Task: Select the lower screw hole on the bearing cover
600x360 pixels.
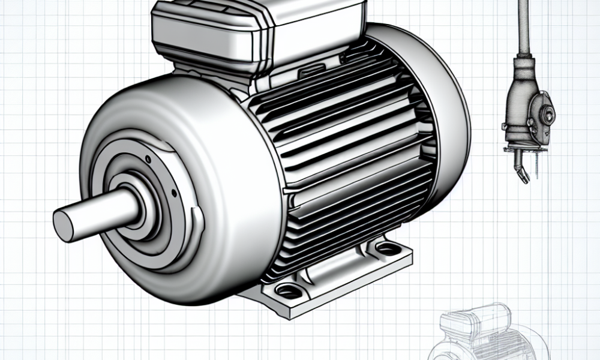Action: pos(173,194)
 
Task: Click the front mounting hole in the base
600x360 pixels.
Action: pos(290,292)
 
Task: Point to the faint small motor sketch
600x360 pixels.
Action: pos(486,336)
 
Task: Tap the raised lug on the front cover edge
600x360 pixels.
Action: pos(197,222)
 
